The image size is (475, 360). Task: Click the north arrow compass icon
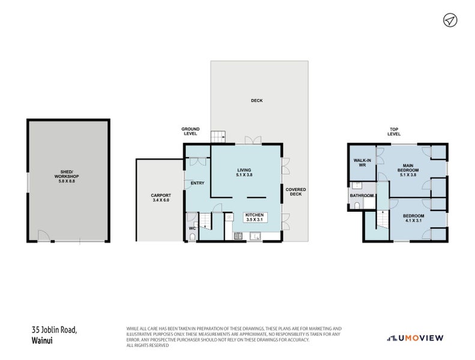pos(450,20)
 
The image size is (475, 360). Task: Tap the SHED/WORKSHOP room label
pos(67,176)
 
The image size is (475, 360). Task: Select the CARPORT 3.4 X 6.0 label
pos(161,198)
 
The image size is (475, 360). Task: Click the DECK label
pos(256,101)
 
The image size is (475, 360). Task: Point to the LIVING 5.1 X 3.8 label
pos(244,172)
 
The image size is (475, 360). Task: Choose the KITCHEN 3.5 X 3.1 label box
pos(255,217)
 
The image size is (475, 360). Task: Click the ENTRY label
pos(198,183)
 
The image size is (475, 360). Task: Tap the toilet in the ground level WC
pos(192,237)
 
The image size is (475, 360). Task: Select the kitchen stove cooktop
pos(238,236)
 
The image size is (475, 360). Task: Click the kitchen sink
pos(255,236)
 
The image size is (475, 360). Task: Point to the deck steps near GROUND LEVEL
pos(218,137)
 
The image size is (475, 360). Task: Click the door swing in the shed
pos(43,236)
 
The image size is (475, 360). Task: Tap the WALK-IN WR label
pos(362,163)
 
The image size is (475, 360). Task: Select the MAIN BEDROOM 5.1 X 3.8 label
pos(408,170)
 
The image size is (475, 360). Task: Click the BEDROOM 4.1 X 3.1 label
pos(414,218)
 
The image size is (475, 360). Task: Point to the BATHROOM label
pos(362,196)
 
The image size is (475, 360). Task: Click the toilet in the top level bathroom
pos(357,206)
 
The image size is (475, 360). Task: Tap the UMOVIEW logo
pos(415,338)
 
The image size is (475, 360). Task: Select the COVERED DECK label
pos(295,191)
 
